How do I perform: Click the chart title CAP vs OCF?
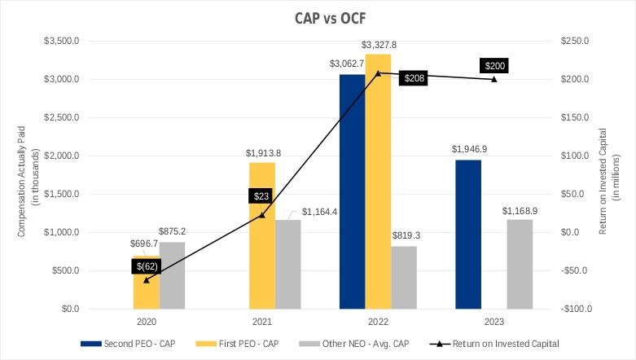coord(318,16)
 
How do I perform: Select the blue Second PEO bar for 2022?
coord(352,191)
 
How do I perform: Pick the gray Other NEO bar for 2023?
coord(520,264)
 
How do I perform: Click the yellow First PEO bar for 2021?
coord(262,235)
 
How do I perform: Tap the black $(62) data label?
coord(147,266)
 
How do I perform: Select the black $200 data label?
coord(494,66)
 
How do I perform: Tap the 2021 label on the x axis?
coord(261,322)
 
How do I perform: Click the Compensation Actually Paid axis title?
coord(25,174)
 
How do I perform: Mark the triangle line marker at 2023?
coord(493,79)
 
